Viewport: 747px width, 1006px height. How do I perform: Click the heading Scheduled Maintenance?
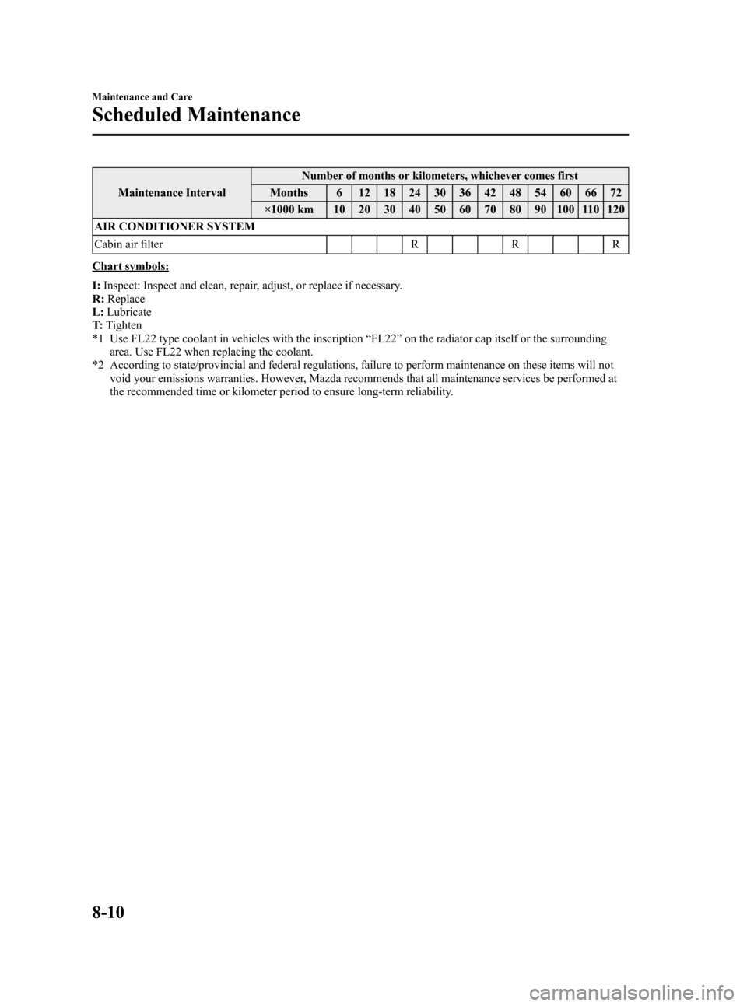pos(195,115)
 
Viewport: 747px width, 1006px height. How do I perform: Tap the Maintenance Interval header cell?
pos(172,192)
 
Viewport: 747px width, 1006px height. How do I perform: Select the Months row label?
pos(289,192)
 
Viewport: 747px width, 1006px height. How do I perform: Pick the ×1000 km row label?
pos(289,209)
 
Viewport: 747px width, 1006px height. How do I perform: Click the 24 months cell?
pos(416,192)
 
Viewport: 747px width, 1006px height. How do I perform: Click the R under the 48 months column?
pos(515,244)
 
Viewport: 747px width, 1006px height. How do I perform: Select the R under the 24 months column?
pos(416,244)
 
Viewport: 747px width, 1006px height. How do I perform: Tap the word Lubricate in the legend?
pos(129,311)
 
